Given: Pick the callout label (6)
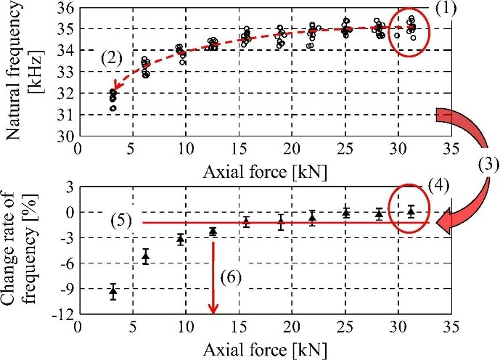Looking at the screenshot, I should tap(232, 277).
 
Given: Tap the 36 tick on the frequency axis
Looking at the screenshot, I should tap(66, 9).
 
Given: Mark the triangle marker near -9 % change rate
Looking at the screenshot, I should tap(113, 292).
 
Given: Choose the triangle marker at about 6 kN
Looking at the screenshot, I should tap(145, 256).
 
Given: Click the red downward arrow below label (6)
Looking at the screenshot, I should tap(213, 276).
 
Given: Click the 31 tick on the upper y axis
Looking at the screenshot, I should tap(66, 115).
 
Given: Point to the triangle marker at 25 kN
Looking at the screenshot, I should tap(346, 213).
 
